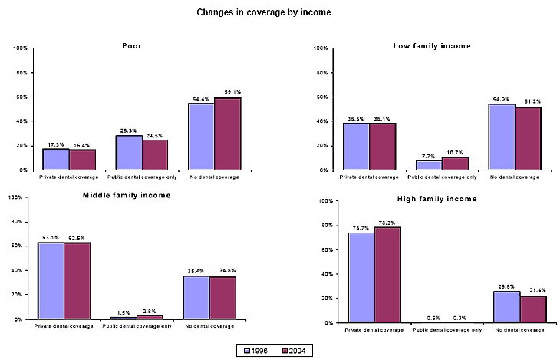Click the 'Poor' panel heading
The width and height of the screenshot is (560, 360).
tap(132, 46)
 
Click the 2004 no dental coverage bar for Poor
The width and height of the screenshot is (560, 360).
tap(228, 134)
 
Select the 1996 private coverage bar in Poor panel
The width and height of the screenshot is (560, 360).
tap(55, 159)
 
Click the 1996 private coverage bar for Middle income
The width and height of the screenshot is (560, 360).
tap(51, 280)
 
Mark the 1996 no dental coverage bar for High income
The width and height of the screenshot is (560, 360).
tap(507, 307)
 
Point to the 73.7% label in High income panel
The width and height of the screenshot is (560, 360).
tap(361, 228)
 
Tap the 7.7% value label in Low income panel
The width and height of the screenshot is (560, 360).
tap(428, 155)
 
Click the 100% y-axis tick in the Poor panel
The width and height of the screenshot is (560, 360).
tap(21, 48)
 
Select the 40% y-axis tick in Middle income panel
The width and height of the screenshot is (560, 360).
tap(19, 270)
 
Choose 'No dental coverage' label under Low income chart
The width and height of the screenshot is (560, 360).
tap(515, 177)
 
